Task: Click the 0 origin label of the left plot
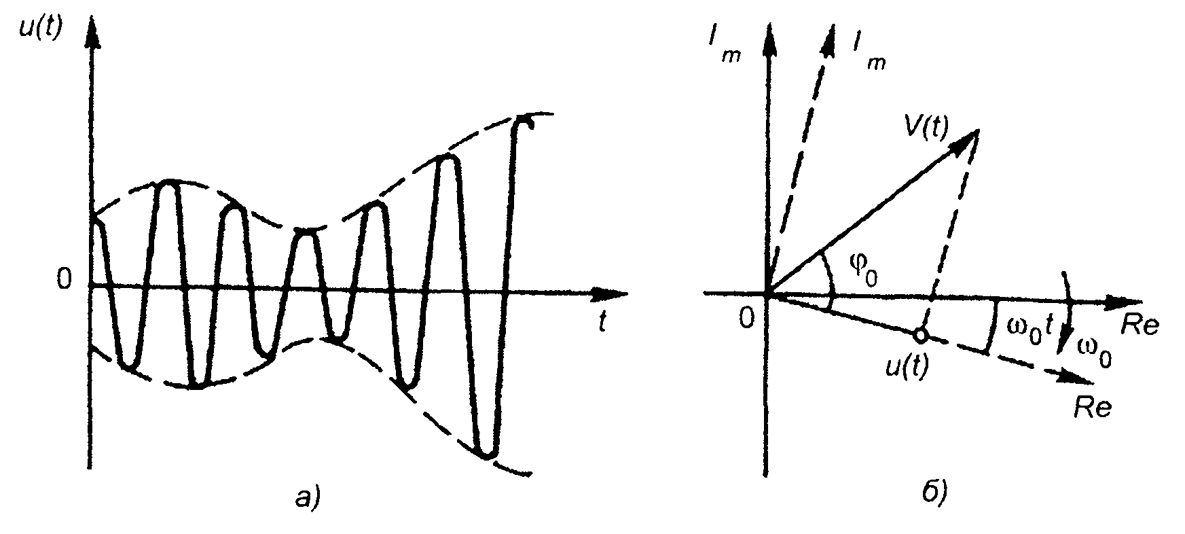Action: pos(64,280)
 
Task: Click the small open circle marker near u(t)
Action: pos(920,334)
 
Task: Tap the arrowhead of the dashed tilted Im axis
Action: pos(829,39)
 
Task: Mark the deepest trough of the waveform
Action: pos(487,453)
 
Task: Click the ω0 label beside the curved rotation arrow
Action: pos(1095,353)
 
